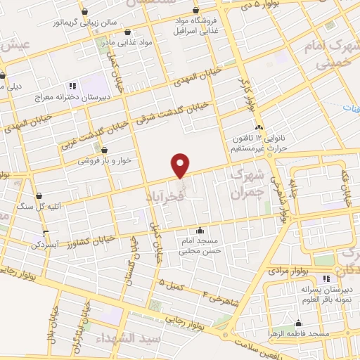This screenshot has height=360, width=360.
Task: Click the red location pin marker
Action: (x=181, y=165)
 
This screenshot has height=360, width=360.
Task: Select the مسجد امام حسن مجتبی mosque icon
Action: (x=200, y=230)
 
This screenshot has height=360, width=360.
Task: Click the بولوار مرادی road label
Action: (x=287, y=270)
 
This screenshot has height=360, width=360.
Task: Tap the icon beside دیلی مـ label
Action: (x=4, y=77)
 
